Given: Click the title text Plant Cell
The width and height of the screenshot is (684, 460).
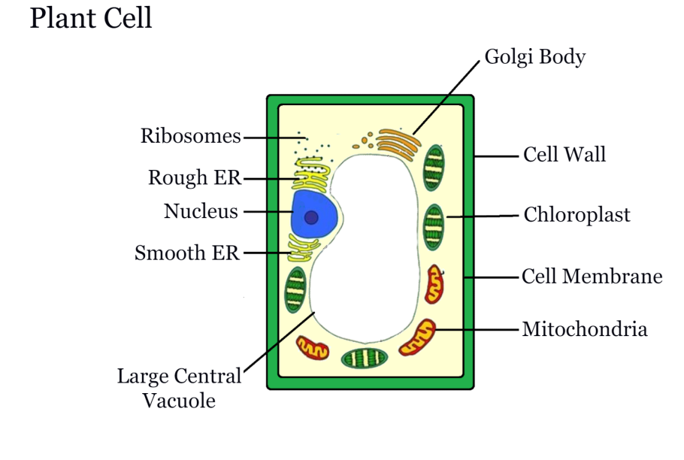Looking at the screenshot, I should click(91, 19).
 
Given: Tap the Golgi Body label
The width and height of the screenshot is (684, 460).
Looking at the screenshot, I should click(534, 57).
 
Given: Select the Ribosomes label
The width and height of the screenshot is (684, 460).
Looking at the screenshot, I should click(191, 137).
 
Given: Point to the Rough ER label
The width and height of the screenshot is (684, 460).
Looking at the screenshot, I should click(195, 178).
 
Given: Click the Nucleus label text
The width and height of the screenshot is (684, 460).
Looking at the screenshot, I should click(201, 212).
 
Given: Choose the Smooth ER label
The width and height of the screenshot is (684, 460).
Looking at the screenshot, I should click(187, 253).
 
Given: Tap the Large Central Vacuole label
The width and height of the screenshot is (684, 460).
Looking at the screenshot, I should click(179, 388).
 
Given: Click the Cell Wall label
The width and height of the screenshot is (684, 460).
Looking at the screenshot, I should click(564, 156).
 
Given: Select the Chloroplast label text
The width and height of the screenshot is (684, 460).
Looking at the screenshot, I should click(577, 216).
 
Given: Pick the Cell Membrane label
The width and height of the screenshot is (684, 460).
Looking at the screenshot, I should click(592, 277).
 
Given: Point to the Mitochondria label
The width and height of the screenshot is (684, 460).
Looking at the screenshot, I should click(585, 329).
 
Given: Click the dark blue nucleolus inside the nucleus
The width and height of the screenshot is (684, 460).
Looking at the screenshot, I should click(310, 218).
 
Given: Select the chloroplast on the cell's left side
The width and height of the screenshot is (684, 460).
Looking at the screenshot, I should click(295, 289).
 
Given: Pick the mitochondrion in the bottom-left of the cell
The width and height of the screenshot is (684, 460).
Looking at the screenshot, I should click(313, 347).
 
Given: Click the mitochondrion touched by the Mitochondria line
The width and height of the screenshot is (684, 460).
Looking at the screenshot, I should click(418, 337).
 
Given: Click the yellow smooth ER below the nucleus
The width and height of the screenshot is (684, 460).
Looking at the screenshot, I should click(304, 248).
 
